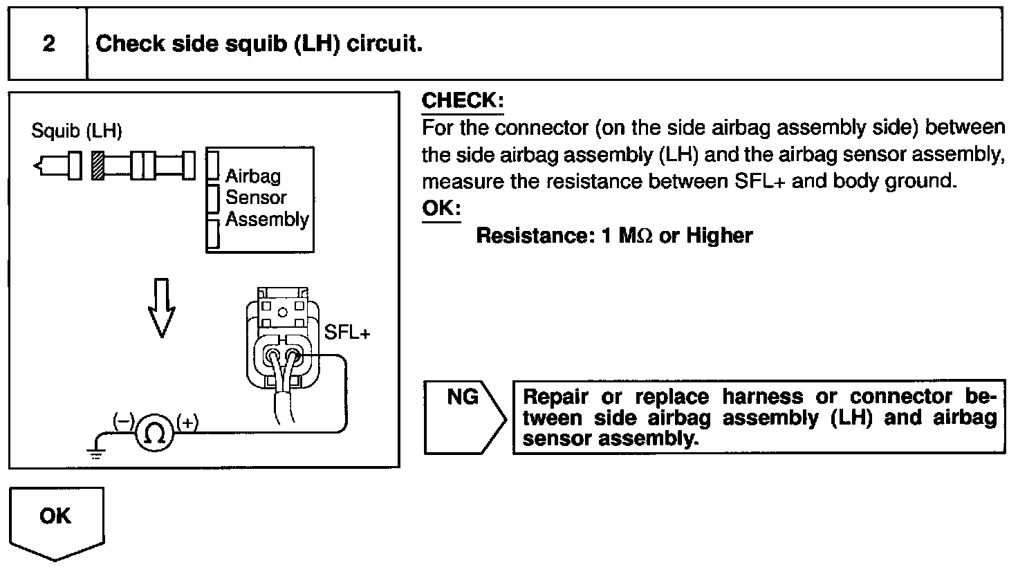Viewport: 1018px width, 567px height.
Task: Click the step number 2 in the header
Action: coord(48,44)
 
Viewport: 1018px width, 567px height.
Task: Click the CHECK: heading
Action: coord(463,101)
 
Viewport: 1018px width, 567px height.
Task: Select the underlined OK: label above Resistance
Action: coord(441,208)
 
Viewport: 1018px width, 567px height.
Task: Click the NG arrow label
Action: coord(463,398)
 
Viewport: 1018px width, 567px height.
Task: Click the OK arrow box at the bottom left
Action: coord(55,517)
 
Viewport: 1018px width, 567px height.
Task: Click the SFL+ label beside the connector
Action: coord(347,333)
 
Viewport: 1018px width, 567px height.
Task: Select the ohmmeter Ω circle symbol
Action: coord(156,432)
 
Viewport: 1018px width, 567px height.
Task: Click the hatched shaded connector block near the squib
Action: coord(98,166)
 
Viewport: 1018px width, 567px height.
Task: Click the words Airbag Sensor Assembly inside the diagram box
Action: coord(266,198)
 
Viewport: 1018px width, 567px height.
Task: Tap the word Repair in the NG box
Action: coord(557,397)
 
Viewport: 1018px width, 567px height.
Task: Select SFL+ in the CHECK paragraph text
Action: coord(759,181)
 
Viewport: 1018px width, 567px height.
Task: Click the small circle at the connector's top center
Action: coord(281,312)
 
